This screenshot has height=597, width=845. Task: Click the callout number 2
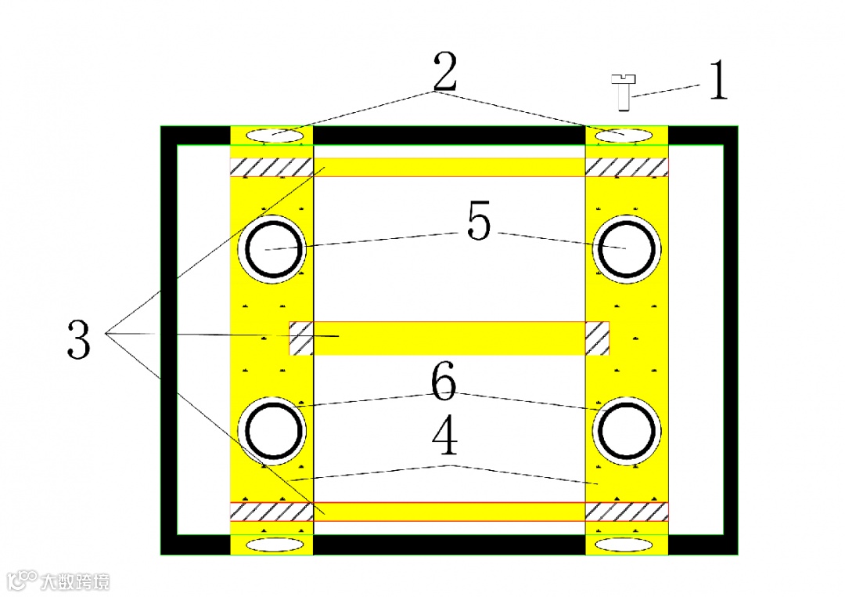pyautogui.click(x=444, y=72)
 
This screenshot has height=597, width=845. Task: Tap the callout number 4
pyautogui.click(x=444, y=439)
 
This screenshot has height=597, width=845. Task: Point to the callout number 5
pyautogui.click(x=479, y=223)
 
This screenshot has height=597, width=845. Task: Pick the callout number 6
pyautogui.click(x=443, y=382)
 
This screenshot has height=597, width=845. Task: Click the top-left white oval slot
pyautogui.click(x=274, y=136)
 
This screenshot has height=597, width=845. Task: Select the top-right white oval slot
pyautogui.click(x=624, y=136)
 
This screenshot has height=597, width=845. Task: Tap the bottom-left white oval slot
pyautogui.click(x=273, y=545)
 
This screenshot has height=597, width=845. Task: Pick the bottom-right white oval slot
pyautogui.click(x=624, y=545)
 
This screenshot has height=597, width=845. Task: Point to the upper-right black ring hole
pyautogui.click(x=626, y=248)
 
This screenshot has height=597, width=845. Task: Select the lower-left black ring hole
pyautogui.click(x=274, y=430)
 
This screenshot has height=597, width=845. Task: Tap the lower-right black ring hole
pyautogui.click(x=627, y=430)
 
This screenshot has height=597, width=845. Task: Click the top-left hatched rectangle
pyautogui.click(x=271, y=168)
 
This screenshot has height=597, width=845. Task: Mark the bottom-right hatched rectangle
pyautogui.click(x=627, y=512)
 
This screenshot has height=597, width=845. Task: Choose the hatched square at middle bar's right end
pyautogui.click(x=598, y=338)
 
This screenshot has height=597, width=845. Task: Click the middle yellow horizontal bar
pyautogui.click(x=449, y=338)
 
